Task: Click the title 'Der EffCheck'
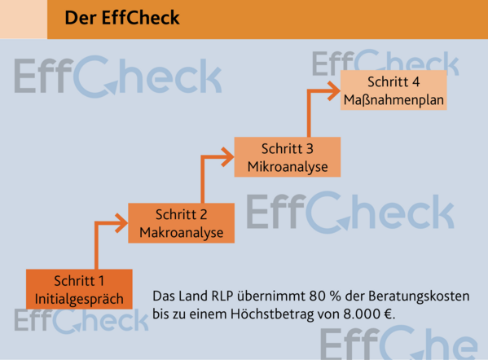[x=122, y=18]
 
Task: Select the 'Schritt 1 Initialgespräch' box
[x=79, y=289]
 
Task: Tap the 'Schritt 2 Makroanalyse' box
[x=181, y=223]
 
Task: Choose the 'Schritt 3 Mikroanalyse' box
[x=288, y=157]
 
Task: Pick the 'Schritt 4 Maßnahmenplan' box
[x=393, y=90]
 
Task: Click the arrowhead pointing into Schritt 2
[x=121, y=223]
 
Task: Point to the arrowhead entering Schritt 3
[x=228, y=157]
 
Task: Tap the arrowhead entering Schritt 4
[x=334, y=90]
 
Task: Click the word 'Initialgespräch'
[x=79, y=300]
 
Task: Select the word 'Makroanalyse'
[x=182, y=233]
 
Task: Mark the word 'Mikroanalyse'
[x=288, y=167]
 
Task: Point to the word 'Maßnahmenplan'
[x=393, y=100]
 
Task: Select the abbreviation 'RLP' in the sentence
[x=222, y=296]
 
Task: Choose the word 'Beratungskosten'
[x=419, y=296]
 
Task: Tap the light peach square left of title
[x=24, y=20]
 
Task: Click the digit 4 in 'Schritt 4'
[x=415, y=82]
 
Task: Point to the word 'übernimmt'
[x=271, y=296]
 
